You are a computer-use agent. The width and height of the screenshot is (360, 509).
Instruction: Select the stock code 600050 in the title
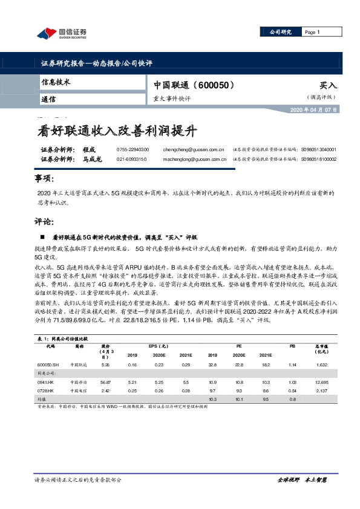pyautogui.click(x=212, y=86)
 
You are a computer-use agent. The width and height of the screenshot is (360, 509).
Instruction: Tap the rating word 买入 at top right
pyautogui.click(x=327, y=86)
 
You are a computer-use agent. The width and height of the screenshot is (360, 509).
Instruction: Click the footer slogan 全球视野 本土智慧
pyautogui.click(x=302, y=479)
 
